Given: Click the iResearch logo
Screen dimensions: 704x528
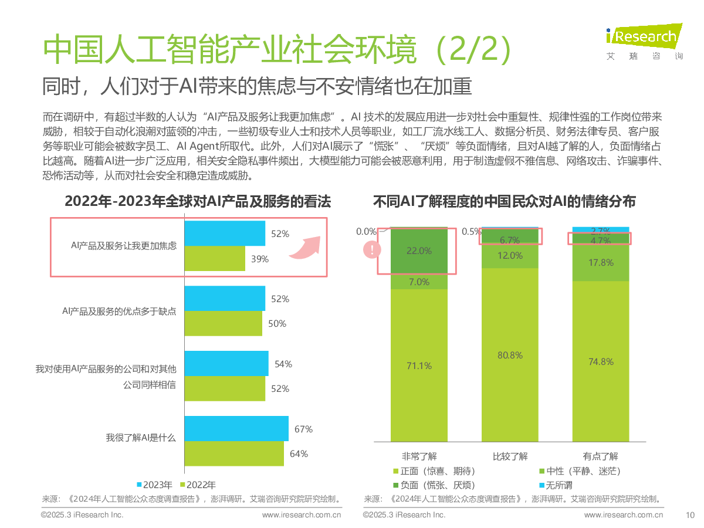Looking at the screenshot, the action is tap(644, 42).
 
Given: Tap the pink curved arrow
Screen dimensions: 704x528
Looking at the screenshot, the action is tap(305, 249).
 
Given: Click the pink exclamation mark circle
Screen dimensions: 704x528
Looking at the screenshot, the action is tap(372, 249).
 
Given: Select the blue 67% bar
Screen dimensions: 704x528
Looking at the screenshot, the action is tap(236, 428).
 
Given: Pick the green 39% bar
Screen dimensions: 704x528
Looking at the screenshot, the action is tap(215, 258).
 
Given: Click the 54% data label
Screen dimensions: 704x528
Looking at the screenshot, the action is tap(283, 364).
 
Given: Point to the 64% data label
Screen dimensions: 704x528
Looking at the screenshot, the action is tap(299, 454).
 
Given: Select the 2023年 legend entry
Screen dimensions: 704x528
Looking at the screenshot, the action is tap(155, 485).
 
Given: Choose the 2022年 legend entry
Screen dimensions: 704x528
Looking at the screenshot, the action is tap(198, 485).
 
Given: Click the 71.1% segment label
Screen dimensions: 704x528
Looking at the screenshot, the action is tap(419, 365).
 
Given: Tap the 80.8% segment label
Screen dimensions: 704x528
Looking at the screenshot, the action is tap(510, 355).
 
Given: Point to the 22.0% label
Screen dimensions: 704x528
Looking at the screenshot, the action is tap(419, 251).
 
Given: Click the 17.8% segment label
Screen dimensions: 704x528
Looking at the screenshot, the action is tap(601, 263).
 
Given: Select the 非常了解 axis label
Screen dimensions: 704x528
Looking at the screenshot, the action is tap(419, 456).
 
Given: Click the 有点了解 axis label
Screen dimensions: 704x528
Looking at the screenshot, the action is tap(600, 456).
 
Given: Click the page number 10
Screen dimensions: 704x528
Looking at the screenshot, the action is tap(690, 515).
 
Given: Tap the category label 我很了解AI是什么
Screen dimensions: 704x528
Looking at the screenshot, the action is tap(141, 438).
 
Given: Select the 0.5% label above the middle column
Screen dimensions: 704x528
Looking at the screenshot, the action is tap(471, 232).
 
